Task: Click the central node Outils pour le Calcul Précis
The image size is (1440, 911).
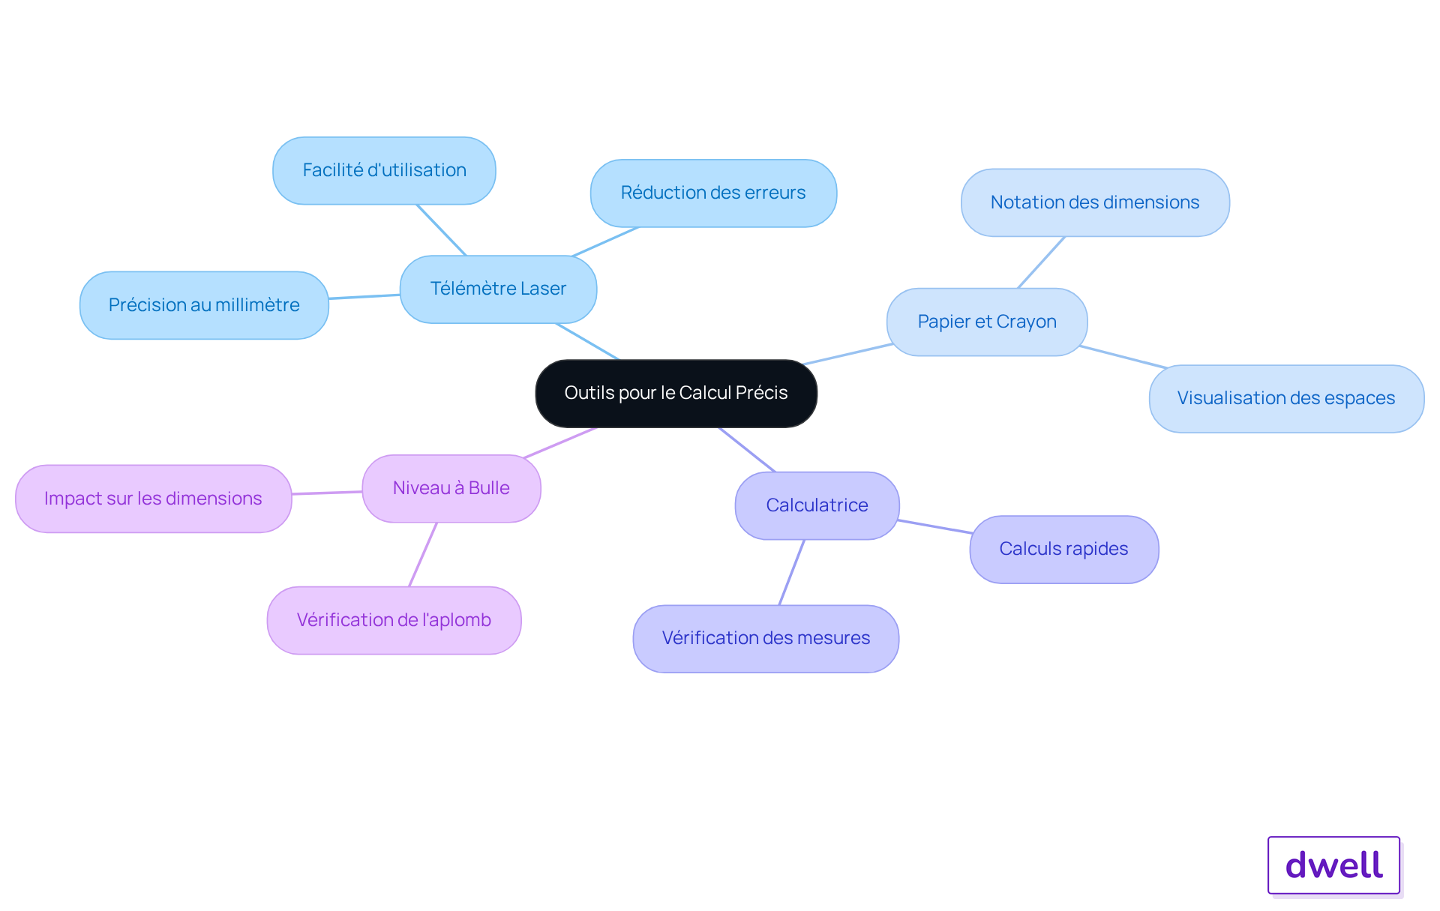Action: click(676, 393)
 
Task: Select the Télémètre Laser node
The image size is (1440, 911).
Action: click(498, 289)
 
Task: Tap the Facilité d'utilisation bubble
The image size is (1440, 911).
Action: click(384, 170)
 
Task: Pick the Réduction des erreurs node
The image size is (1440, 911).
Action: click(713, 193)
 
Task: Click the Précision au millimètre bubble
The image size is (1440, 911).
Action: click(204, 305)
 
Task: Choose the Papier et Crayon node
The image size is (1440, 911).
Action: click(987, 322)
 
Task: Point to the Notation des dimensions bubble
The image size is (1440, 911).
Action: click(1095, 202)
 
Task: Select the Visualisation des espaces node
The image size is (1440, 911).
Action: click(1286, 398)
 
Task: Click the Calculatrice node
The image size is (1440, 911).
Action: click(817, 505)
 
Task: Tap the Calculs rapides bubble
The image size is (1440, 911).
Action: click(1063, 549)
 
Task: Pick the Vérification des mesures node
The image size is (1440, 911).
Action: click(766, 638)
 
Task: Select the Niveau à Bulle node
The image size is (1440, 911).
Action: click(451, 488)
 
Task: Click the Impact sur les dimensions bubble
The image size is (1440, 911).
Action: click(153, 499)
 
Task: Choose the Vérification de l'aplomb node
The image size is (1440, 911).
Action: click(394, 620)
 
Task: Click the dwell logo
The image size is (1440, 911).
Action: click(1333, 865)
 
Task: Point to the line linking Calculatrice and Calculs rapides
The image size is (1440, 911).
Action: click(935, 526)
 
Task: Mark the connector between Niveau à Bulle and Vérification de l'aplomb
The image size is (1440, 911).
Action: click(422, 555)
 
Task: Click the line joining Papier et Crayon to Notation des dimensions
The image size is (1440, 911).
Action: click(1041, 262)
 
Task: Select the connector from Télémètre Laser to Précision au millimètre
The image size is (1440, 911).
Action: click(364, 297)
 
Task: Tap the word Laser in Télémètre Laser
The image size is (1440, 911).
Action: click(543, 289)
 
